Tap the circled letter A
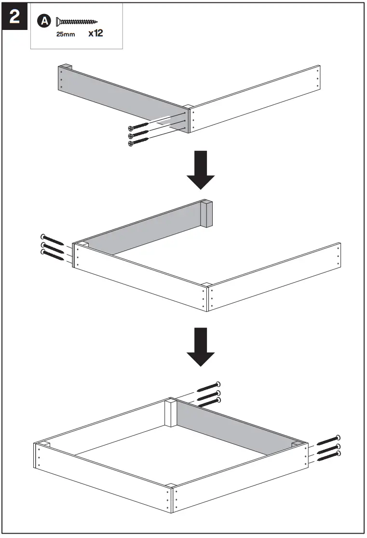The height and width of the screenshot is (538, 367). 44,21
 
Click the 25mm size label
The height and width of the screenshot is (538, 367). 65,35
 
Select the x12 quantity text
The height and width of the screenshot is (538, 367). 96,34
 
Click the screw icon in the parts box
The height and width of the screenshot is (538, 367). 77,21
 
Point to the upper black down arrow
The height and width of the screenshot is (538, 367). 200,170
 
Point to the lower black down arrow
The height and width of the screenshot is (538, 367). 200,347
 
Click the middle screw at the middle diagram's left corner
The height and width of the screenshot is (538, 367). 53,248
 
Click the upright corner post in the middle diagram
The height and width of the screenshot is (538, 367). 206,213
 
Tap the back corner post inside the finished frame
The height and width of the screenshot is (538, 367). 171,413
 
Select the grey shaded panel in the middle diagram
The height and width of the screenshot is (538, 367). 145,229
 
